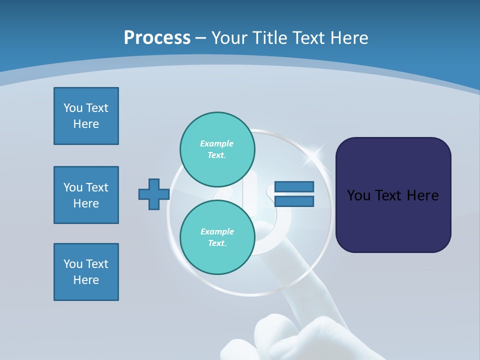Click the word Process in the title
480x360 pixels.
(x=157, y=38)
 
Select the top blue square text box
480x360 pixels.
(x=86, y=116)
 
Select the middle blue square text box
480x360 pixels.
(x=86, y=195)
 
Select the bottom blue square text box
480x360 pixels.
(x=86, y=272)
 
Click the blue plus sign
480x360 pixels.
(x=153, y=194)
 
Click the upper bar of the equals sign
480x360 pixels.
(x=294, y=186)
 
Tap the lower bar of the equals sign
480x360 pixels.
(x=294, y=201)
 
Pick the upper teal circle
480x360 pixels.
(x=217, y=149)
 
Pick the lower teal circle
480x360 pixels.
(x=217, y=237)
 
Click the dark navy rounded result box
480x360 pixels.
(x=393, y=195)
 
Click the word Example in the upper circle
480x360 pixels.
(x=216, y=143)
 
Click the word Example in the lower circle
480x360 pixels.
(x=217, y=231)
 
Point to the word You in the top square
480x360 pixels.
(x=73, y=108)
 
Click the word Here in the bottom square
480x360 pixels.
(x=86, y=280)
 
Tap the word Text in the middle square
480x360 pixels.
(x=96, y=187)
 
